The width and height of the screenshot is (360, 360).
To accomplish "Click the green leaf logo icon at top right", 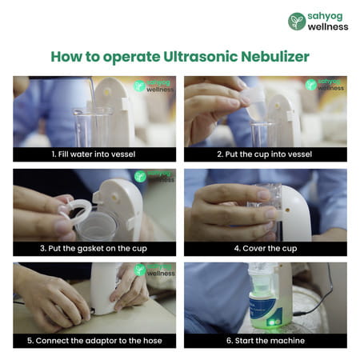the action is click(297, 22).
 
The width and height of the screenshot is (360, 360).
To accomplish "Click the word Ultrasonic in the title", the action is click(201, 57).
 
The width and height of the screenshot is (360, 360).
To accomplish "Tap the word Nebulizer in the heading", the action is click(275, 57).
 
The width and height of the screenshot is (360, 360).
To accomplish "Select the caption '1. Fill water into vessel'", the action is click(94, 154).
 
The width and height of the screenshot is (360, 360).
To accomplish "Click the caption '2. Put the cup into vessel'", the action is click(265, 154).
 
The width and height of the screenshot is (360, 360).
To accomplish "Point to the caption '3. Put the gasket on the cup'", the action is click(94, 249).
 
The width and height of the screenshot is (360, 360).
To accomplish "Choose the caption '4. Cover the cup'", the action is click(266, 249).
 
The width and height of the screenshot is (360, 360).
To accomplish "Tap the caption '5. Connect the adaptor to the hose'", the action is click(94, 341).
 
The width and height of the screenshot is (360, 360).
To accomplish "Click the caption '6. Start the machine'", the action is click(266, 341).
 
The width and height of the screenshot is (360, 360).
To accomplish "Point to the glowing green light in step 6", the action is click(273, 322).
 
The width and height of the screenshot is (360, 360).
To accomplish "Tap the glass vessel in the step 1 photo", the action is click(94, 127).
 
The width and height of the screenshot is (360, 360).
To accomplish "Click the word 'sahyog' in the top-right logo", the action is click(325, 17).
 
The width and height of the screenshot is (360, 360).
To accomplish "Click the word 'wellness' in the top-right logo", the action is click(328, 26).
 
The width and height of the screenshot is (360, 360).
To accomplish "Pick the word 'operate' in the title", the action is click(131, 58).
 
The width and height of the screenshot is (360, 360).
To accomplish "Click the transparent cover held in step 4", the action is click(265, 198).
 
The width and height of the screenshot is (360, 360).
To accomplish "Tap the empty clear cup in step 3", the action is click(97, 226).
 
